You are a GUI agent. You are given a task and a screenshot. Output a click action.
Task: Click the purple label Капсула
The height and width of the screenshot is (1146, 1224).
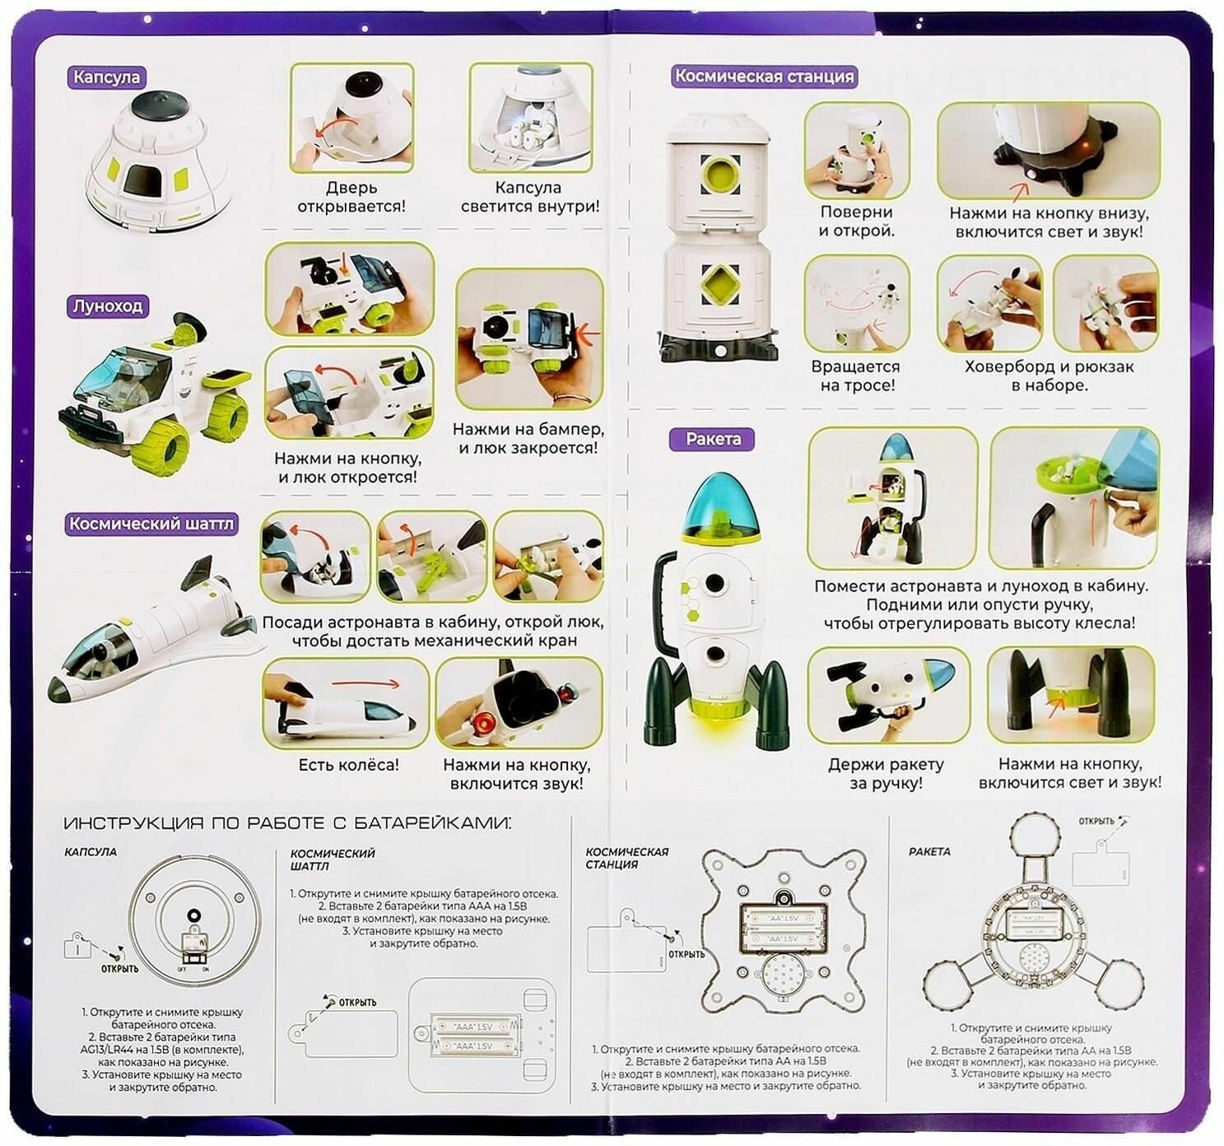(x=107, y=77)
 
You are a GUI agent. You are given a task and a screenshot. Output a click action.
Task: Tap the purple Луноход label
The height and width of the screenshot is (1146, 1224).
(x=108, y=306)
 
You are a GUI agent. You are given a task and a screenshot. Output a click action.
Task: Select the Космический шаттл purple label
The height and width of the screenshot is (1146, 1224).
(x=151, y=524)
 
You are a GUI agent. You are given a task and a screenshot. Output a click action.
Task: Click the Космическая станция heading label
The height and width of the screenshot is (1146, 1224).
(x=764, y=77)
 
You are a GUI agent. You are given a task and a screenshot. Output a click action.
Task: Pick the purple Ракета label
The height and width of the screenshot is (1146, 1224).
(x=713, y=439)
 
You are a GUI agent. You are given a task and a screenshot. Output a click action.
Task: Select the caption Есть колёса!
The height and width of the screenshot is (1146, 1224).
(x=348, y=765)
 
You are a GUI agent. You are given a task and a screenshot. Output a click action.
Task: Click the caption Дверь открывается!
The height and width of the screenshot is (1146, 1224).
(x=351, y=197)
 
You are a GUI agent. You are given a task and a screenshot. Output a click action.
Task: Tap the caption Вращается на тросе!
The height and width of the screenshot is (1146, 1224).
(x=855, y=375)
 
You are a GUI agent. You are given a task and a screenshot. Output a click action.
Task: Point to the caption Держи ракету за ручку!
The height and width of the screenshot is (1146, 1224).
(x=886, y=774)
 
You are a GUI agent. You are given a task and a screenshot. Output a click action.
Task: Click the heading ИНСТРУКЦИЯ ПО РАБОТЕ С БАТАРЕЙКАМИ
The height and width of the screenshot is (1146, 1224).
(x=287, y=823)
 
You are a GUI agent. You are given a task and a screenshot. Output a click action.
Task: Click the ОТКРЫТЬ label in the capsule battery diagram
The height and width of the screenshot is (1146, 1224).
(x=120, y=969)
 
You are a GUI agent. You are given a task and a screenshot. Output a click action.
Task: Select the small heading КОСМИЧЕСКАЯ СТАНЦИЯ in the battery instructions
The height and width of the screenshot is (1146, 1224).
(x=616, y=858)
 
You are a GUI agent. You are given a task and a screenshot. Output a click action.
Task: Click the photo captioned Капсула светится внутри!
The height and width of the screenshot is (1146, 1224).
(x=530, y=118)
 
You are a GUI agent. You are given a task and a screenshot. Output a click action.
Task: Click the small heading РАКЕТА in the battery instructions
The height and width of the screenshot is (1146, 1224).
(x=929, y=851)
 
